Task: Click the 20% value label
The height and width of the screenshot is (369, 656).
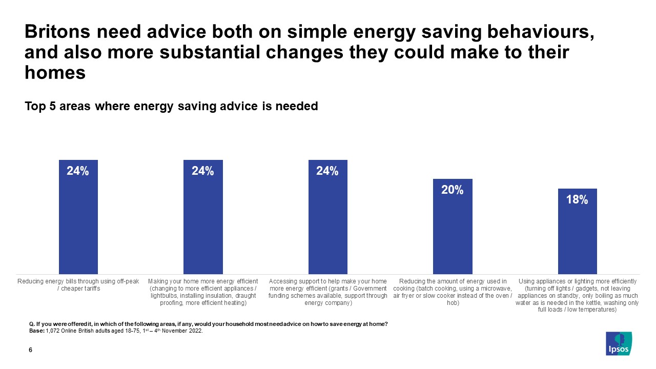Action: pyautogui.click(x=453, y=190)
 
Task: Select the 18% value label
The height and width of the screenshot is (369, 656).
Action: pyautogui.click(x=577, y=200)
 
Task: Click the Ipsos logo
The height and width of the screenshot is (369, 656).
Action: pyautogui.click(x=619, y=343)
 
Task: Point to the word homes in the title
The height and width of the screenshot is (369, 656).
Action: pyautogui.click(x=55, y=73)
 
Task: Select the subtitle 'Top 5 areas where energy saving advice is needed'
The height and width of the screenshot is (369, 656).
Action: pyautogui.click(x=171, y=106)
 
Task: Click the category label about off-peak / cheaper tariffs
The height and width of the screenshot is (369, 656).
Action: pyautogui.click(x=78, y=285)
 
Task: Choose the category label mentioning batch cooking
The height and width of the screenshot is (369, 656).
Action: pyautogui.click(x=453, y=292)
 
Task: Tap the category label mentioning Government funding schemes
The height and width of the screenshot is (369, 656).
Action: pyautogui.click(x=327, y=292)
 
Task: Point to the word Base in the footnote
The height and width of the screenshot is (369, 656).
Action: pyautogui.click(x=37, y=331)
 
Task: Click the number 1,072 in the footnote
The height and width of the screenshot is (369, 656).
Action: pyautogui.click(x=53, y=331)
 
